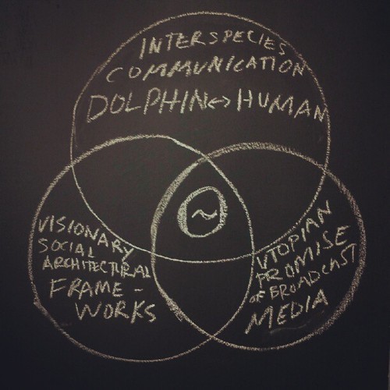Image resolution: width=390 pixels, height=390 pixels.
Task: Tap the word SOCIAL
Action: (x=66, y=247)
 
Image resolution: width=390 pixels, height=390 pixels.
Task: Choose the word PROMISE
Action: (x=304, y=256)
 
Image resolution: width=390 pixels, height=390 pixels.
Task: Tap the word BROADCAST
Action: (x=313, y=275)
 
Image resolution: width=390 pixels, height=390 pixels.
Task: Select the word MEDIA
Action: (x=287, y=312)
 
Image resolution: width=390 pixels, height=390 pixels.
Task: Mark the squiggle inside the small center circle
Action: (x=204, y=214)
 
